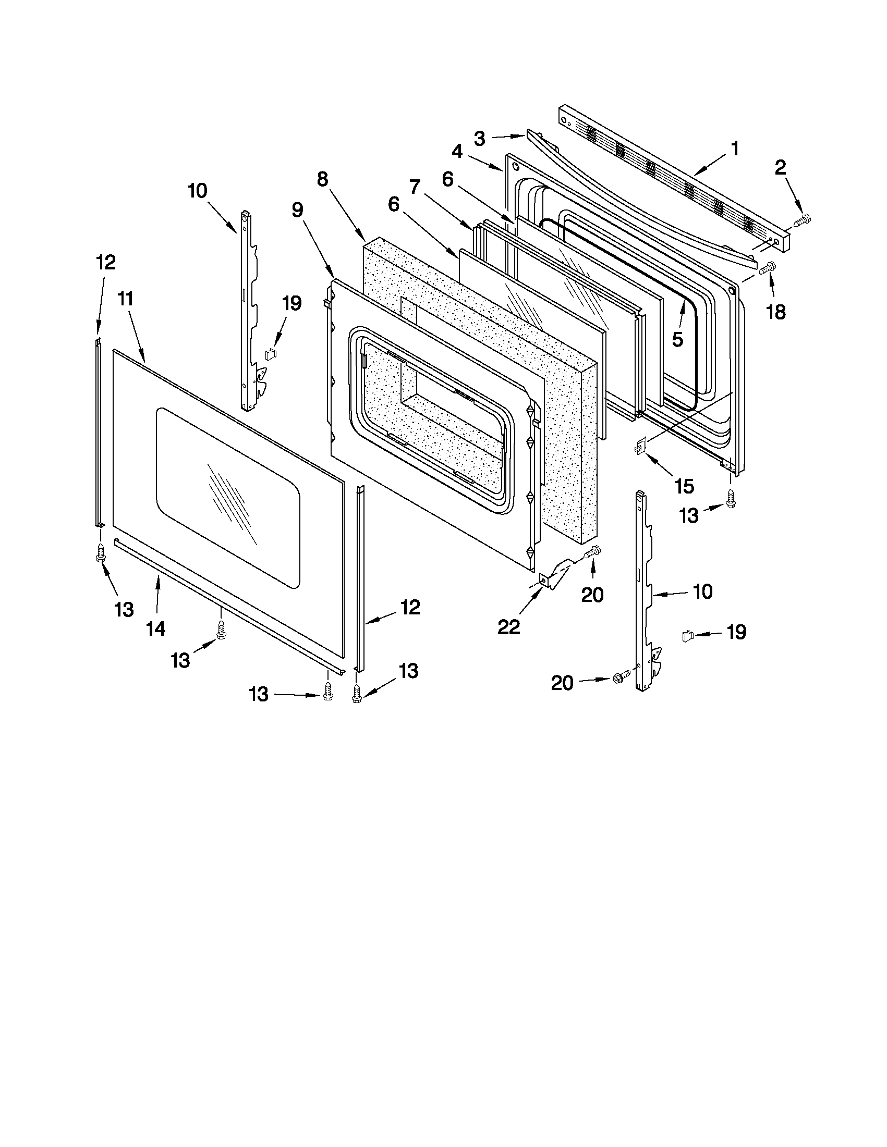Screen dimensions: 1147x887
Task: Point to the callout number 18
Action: pos(776,312)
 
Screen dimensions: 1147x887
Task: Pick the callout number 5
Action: pos(677,340)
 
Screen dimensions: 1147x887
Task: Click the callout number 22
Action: pos(508,626)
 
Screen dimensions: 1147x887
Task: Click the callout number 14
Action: pos(156,628)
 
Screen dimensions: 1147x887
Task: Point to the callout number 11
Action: pos(126,299)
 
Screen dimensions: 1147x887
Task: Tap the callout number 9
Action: pos(297,210)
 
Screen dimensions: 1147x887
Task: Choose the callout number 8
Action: pos(323,180)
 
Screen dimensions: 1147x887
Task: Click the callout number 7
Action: pos(415,187)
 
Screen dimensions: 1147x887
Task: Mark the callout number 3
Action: pos(479,139)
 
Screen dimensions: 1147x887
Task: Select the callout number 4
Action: pos(457,152)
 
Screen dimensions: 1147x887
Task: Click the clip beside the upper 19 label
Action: pos(271,354)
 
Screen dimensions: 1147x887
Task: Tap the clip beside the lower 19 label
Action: pos(687,636)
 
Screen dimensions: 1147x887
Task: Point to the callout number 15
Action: pos(684,486)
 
